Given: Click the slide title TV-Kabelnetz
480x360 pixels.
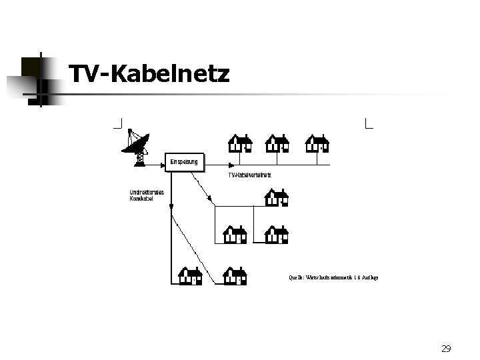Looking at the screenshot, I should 149,74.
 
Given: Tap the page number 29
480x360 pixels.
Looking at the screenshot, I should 446,349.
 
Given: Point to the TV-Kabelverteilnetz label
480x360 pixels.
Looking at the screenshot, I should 249,175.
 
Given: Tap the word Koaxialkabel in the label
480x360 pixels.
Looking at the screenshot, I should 141,199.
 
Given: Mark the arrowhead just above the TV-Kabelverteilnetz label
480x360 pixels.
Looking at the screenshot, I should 230,165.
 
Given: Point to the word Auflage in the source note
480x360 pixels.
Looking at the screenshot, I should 369,277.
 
